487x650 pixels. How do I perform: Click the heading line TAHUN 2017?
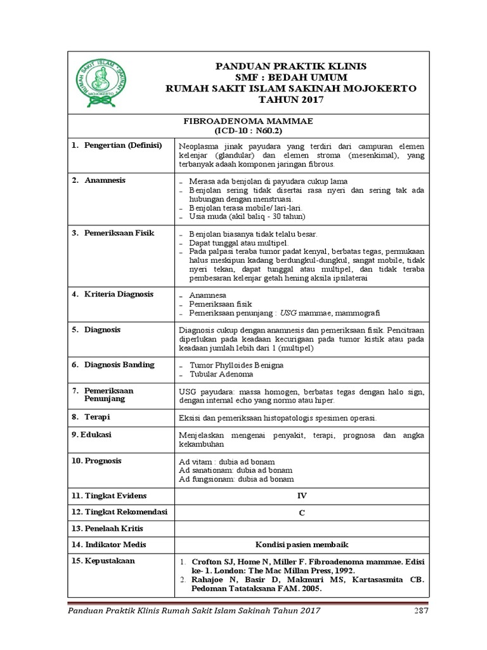point(291,100)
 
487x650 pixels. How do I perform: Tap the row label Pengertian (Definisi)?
point(122,145)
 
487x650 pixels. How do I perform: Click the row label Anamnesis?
point(105,180)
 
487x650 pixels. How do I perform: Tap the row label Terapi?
point(98,417)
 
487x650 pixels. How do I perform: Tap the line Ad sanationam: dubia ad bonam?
point(236,470)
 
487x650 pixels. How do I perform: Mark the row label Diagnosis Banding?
point(119,365)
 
